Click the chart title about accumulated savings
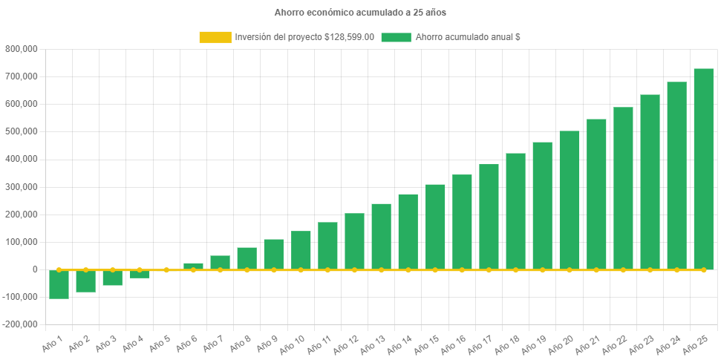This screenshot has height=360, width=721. tap(360, 13)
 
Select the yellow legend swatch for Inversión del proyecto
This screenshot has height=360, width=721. tap(215, 37)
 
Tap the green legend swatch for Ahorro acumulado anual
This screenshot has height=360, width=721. tap(396, 37)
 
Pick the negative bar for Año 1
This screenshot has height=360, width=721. tap(59, 284)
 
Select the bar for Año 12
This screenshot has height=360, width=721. tap(354, 241)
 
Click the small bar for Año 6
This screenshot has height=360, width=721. tap(193, 266)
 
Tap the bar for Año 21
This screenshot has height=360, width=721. tap(596, 194)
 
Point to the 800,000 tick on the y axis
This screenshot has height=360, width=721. tap(22, 49)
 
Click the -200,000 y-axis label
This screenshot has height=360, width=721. tap(20, 324)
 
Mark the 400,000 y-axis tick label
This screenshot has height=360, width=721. tap(22, 159)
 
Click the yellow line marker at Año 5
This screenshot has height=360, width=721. tap(166, 269)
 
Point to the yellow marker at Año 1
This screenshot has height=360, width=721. tap(59, 269)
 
